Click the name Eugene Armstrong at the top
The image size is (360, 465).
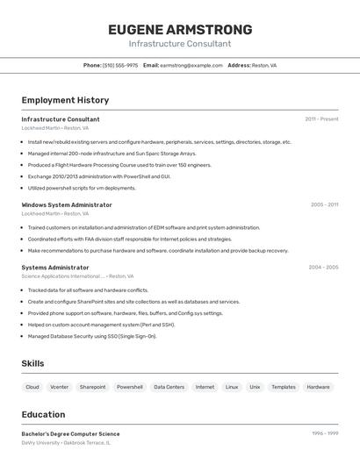[180, 30]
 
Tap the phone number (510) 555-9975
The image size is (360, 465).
[120, 65]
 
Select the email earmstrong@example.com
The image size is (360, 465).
[191, 65]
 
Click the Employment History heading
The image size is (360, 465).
[65, 100]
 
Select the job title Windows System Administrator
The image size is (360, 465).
[67, 204]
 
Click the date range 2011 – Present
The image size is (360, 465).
[321, 119]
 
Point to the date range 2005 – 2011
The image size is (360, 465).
[324, 204]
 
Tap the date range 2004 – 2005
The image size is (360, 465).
[323, 267]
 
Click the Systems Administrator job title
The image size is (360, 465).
[55, 267]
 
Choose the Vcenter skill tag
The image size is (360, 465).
[60, 387]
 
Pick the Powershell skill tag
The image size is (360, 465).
[130, 387]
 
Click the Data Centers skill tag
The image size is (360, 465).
[169, 387]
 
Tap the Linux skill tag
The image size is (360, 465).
[232, 387]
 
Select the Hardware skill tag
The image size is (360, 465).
[318, 387]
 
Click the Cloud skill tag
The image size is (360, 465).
[32, 387]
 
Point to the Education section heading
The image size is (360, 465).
[43, 414]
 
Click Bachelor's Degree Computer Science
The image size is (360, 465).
[70, 433]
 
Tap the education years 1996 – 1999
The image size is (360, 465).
[325, 433]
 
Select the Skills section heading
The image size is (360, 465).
[32, 363]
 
